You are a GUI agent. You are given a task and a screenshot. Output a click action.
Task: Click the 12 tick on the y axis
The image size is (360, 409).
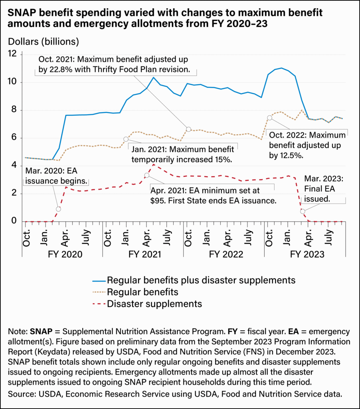[x=14, y=54]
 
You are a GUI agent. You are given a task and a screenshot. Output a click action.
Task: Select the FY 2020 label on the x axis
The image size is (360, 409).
[x=62, y=254]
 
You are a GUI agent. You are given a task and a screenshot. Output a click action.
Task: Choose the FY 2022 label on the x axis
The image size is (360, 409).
[x=224, y=254]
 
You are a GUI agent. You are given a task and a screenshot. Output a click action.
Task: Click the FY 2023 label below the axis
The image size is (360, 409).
[x=307, y=254]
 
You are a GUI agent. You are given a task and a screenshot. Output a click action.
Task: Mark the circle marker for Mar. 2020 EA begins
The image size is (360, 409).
[x=59, y=209]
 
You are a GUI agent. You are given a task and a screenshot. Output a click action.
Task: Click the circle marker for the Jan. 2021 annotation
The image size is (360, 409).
[x=126, y=139]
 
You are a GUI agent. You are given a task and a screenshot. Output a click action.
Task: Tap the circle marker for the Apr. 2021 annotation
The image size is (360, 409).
[x=146, y=175]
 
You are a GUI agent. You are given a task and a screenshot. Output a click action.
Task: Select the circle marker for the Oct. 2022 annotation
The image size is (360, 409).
[x=269, y=117]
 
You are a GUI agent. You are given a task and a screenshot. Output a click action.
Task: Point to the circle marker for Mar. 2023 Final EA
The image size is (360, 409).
[x=303, y=211]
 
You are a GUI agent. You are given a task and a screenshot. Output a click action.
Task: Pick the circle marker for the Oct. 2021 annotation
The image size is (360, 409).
[x=188, y=129]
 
